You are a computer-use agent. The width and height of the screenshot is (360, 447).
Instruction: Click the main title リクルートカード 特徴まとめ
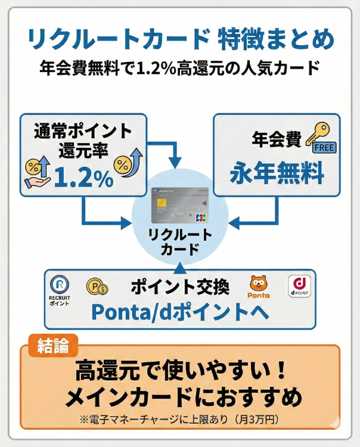pos(181,40)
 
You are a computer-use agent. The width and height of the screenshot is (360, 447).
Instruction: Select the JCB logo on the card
pos(201,218)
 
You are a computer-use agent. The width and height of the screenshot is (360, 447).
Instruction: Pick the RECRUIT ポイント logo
pos(59,290)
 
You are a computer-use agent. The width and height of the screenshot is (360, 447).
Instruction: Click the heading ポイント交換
pos(179,287)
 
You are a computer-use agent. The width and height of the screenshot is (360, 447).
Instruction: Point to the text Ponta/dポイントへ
pos(179,312)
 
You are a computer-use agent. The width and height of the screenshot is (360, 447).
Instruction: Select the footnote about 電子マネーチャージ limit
pos(180,420)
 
